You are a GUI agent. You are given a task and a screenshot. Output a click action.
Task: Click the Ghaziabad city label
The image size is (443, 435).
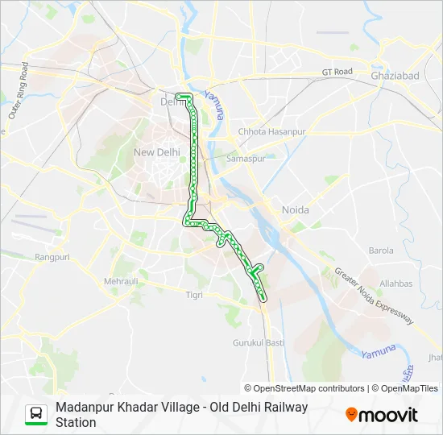pyautogui.click(x=395, y=75)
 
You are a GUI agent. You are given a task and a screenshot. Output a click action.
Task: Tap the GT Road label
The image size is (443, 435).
pyautogui.click(x=337, y=72)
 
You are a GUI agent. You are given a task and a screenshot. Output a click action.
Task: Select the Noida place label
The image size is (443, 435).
pyautogui.click(x=295, y=209)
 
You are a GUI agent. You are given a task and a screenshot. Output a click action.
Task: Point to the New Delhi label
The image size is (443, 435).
pyautogui.click(x=156, y=151)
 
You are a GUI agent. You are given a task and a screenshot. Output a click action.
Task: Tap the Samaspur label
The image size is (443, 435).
pyautogui.click(x=246, y=159)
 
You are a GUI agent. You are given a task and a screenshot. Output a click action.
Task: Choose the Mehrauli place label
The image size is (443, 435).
pyautogui.click(x=121, y=281)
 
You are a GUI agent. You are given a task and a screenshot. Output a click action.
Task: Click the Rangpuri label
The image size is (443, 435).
pyautogui.click(x=52, y=257)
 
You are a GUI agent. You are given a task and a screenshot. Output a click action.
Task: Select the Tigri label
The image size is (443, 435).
pyautogui.click(x=194, y=295)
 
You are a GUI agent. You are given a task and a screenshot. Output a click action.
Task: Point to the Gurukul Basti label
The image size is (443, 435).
pyautogui.click(x=259, y=342)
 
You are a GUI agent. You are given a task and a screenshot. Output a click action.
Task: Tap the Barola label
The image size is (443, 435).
pyautogui.click(x=381, y=251)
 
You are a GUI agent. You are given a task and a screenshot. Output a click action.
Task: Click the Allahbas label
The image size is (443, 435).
pyautogui.click(x=396, y=284)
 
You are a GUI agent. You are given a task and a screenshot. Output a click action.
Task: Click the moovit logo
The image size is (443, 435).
pyautogui.click(x=382, y=415)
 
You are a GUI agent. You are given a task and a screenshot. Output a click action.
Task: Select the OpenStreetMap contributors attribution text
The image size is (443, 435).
pyautogui.click(x=304, y=388)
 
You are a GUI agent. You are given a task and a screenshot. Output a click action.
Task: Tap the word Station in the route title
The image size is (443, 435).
pyautogui.click(x=76, y=422)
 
